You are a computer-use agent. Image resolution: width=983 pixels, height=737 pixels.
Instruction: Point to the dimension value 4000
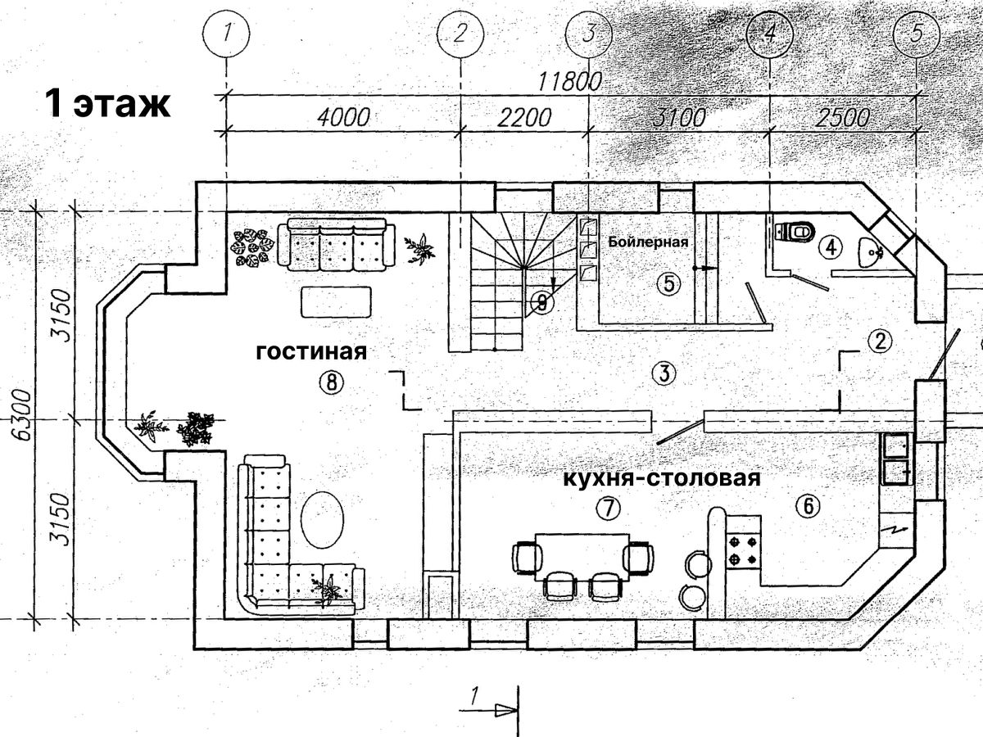(340, 116)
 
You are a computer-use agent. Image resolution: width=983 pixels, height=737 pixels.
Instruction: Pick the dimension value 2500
(843, 116)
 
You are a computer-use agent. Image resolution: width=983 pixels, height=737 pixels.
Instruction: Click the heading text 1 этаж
(107, 105)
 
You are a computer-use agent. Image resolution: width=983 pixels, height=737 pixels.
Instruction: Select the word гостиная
(310, 351)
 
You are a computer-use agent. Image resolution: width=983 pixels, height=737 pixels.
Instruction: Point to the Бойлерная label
(647, 242)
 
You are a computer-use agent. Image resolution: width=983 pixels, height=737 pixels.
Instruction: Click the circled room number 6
(807, 507)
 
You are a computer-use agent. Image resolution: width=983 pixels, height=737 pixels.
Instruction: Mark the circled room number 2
(879, 341)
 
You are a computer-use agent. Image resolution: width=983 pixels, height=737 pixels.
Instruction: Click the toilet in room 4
(795, 232)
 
